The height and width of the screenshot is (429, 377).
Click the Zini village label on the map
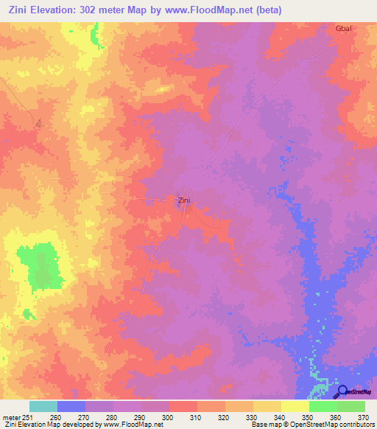coord(185,199)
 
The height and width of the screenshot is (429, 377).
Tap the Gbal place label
coord(344,28)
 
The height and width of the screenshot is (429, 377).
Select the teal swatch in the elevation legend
coord(43,406)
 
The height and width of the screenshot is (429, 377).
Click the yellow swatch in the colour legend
coord(267,406)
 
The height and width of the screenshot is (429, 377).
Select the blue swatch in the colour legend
coord(71,406)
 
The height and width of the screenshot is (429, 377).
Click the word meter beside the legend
coord(11,416)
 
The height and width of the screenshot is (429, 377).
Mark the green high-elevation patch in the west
coord(44,267)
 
